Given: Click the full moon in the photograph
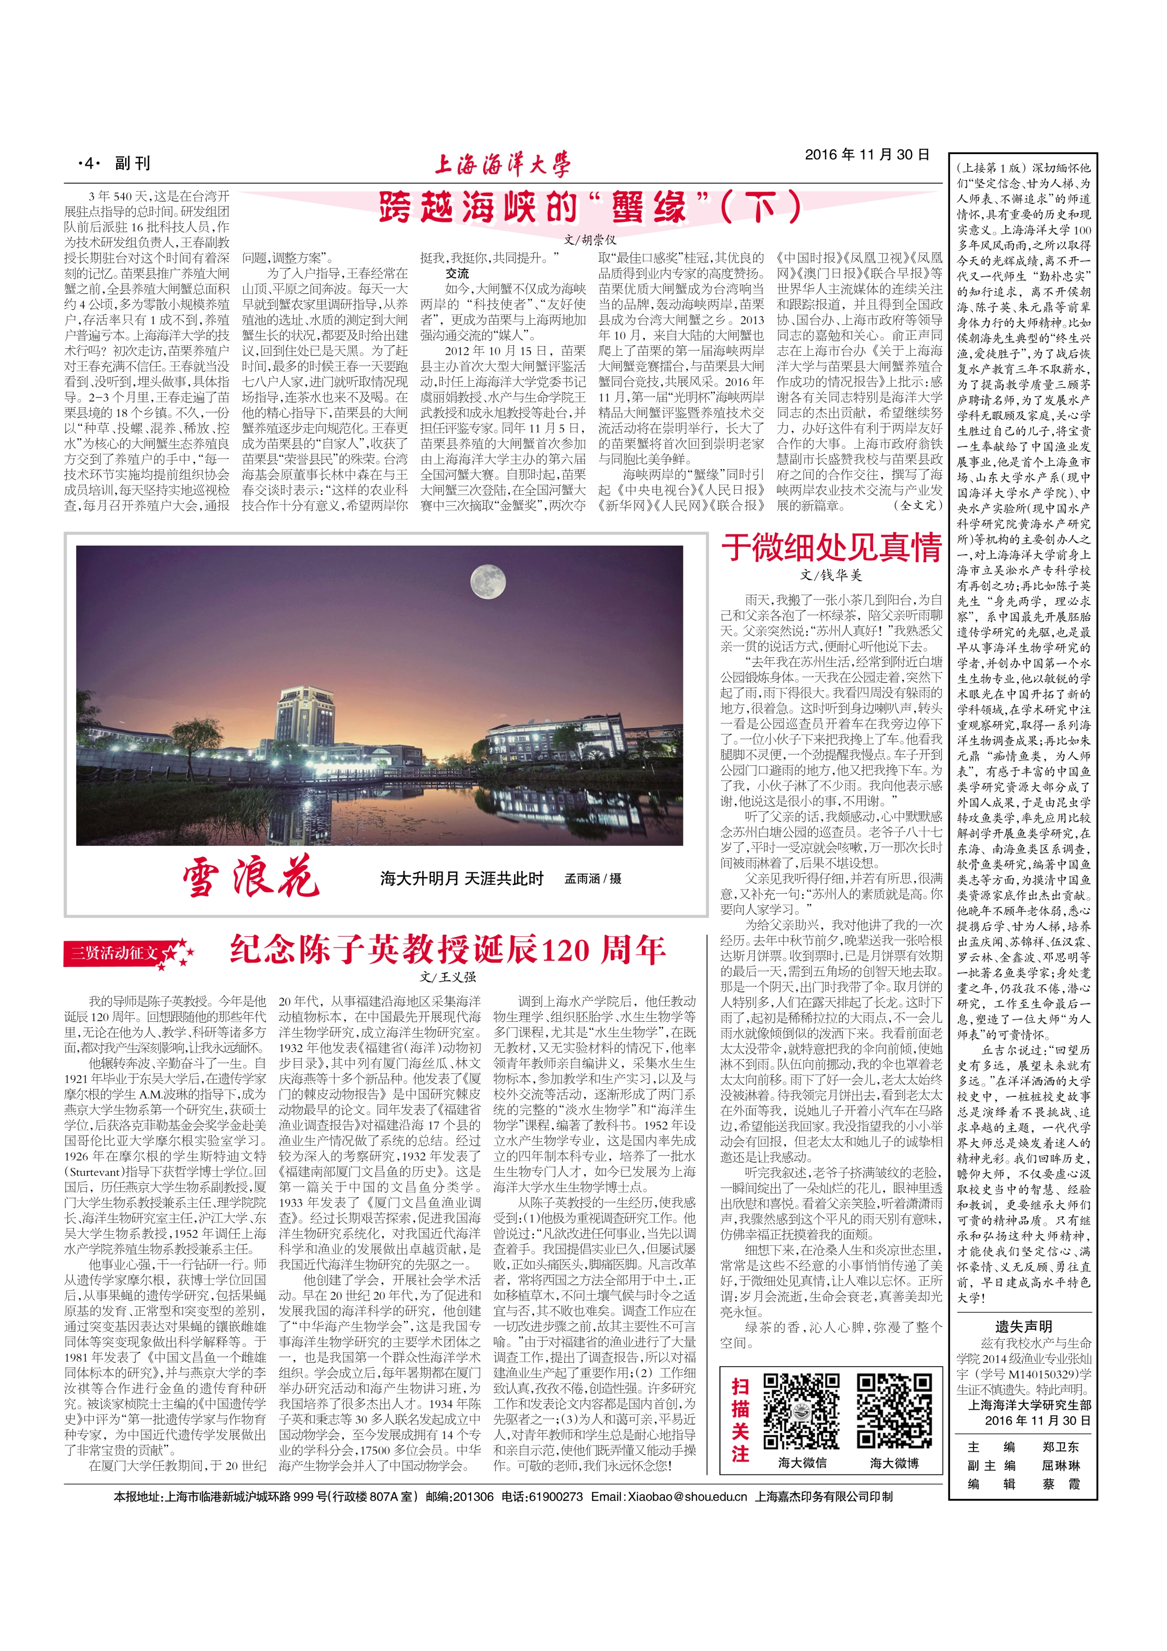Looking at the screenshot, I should tap(487, 581).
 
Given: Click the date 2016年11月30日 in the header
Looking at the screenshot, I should tap(866, 155).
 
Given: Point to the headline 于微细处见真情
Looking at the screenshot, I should tap(831, 547).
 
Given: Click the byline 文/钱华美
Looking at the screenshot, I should tap(830, 575).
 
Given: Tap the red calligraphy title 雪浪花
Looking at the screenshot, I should tap(250, 877).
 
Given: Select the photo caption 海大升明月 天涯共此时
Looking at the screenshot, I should tap(462, 879).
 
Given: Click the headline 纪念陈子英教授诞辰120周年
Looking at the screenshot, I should tap(447, 950).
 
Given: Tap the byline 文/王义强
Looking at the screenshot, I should tap(448, 977).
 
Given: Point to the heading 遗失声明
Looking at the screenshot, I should tap(1023, 1327).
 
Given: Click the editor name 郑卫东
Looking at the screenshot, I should tap(1060, 1447).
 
